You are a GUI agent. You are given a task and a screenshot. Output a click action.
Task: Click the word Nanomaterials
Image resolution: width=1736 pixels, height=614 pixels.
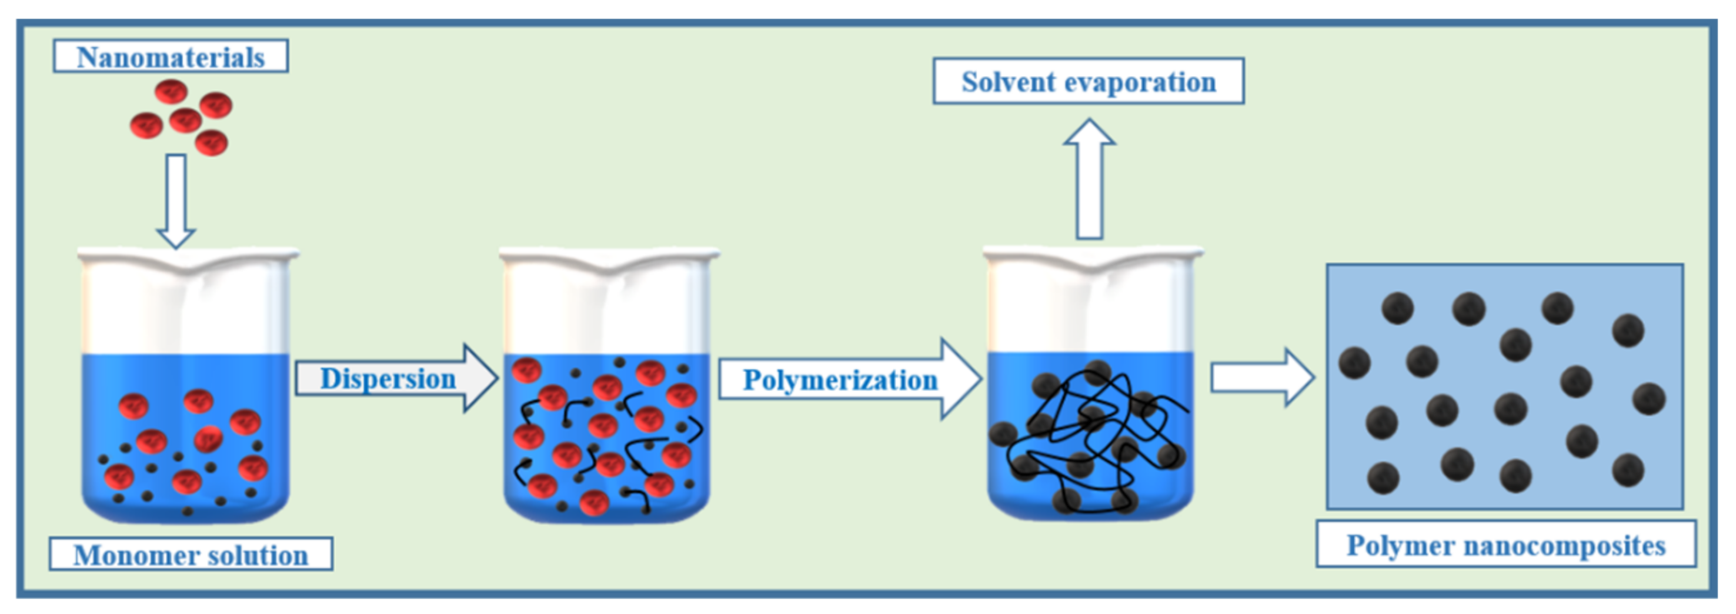[171, 57]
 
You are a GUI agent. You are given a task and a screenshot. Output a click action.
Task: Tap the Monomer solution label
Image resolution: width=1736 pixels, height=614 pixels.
[191, 554]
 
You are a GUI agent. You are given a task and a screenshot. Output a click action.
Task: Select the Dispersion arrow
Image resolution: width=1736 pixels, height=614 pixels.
[396, 378]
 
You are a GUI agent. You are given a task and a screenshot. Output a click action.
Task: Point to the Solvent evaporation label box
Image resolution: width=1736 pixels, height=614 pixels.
[1088, 82]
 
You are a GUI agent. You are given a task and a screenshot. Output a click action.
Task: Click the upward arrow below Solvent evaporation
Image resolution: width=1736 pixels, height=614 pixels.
[1089, 179]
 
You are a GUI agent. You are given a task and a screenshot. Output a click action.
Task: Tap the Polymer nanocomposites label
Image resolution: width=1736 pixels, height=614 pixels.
[1505, 545]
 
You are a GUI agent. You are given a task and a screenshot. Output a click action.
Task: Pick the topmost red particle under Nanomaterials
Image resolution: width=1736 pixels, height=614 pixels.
[171, 91]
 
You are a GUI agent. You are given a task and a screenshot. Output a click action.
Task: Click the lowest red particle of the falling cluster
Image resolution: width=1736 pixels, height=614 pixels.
[211, 142]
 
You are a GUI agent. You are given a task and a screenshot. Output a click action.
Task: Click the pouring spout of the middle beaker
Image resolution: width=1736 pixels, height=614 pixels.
[609, 267]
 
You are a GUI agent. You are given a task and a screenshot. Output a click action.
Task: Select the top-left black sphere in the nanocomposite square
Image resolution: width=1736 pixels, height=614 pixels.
[1397, 308]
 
